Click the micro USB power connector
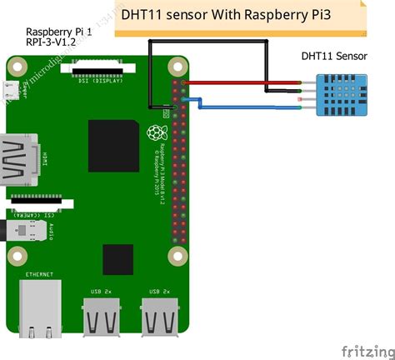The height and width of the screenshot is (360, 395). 12,89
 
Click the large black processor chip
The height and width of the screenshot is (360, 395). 113,145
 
